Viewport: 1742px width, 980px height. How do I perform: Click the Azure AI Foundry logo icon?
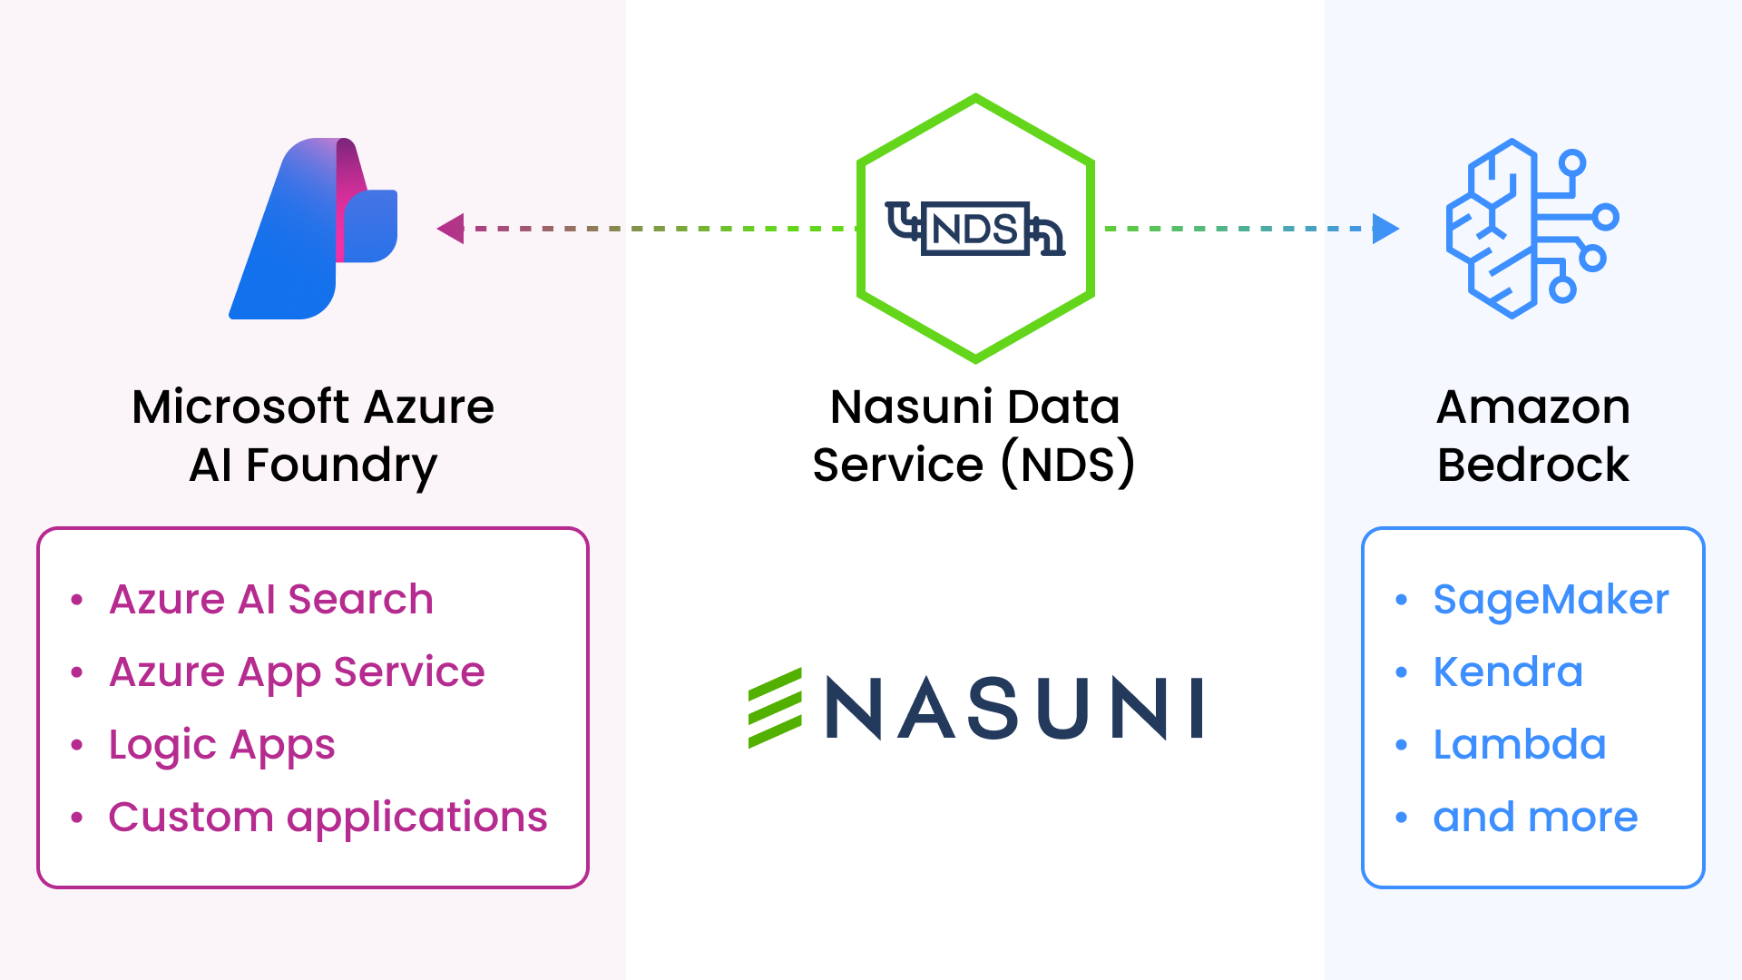[313, 229]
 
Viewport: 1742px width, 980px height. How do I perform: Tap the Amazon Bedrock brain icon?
[1532, 229]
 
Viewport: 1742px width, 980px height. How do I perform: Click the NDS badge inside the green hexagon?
[974, 229]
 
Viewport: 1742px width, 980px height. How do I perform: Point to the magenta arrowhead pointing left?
[451, 229]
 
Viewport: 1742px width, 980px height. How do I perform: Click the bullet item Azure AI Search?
[270, 600]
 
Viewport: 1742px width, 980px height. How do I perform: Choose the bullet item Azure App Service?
[297, 672]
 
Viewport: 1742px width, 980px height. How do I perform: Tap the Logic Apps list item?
[221, 745]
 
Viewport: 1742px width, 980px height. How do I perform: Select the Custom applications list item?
[328, 818]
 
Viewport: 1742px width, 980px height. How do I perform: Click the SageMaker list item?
[1551, 600]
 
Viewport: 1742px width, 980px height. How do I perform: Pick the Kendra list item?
[1508, 672]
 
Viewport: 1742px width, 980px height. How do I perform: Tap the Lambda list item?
[1520, 745]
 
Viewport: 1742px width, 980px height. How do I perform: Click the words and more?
[1535, 818]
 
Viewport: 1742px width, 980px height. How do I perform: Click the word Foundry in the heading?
[341, 466]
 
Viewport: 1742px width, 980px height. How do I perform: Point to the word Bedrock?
[1533, 465]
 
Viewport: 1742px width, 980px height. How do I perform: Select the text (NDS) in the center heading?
[1068, 465]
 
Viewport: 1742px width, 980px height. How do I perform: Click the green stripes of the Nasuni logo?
[775, 708]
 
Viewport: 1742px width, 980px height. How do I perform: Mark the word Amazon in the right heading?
[1533, 407]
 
